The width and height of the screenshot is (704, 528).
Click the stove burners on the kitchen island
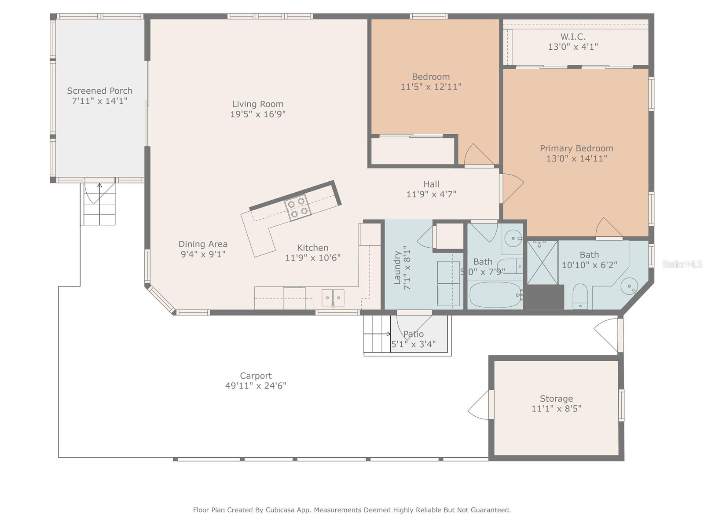pos(297,207)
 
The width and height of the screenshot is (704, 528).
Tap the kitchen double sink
pos(333,298)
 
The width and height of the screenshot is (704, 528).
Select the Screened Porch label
pos(99,91)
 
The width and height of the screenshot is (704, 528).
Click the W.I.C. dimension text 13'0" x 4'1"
pos(573,47)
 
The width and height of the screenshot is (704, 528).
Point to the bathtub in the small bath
pos(495,295)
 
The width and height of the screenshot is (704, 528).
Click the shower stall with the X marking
pos(542,263)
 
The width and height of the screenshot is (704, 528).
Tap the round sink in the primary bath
pos(629,286)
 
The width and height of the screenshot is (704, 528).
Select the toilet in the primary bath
pos(580,296)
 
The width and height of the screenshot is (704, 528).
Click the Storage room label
pos(556,399)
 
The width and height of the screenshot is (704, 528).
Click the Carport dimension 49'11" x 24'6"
pos(256,386)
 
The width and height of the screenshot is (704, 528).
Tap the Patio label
pos(414,334)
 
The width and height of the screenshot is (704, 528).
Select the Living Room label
pos(258,104)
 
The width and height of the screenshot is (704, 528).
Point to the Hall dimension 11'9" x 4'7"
pos(431,194)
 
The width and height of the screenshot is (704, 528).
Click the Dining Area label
pos(203,244)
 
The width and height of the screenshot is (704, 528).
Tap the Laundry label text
pos(397,268)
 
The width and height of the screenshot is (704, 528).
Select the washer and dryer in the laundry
pos(448,284)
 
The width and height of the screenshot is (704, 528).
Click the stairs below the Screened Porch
pos(99,205)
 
